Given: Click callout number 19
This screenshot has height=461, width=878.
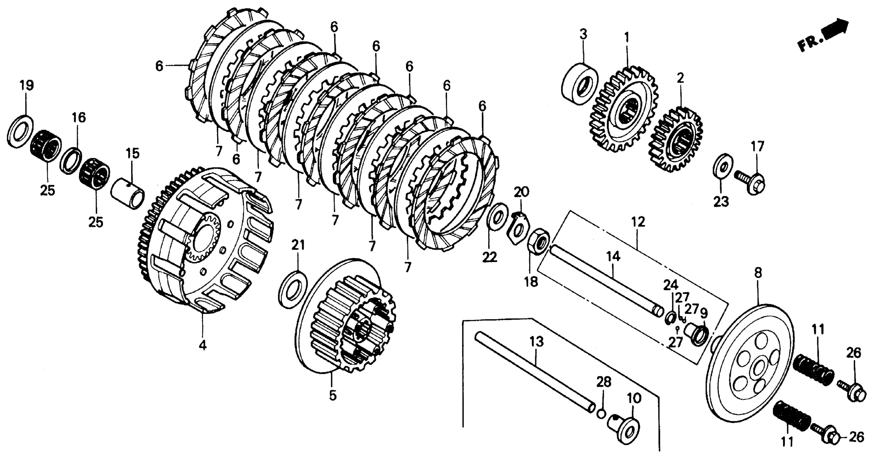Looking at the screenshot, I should coord(27,85).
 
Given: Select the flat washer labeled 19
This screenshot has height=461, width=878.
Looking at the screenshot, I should coord(20,132).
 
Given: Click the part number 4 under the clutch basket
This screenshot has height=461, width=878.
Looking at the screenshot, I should coord(202,346).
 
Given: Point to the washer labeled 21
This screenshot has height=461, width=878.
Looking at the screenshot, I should coord(292,290).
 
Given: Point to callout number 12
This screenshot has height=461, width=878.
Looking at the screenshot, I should coord(638,222).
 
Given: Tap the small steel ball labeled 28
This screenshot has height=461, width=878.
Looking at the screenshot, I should coord(601,414).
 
